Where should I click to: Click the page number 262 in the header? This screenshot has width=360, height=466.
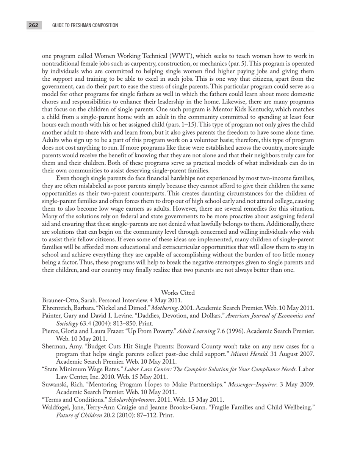tap(33, 25)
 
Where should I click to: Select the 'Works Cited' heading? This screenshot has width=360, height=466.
tap(178, 292)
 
